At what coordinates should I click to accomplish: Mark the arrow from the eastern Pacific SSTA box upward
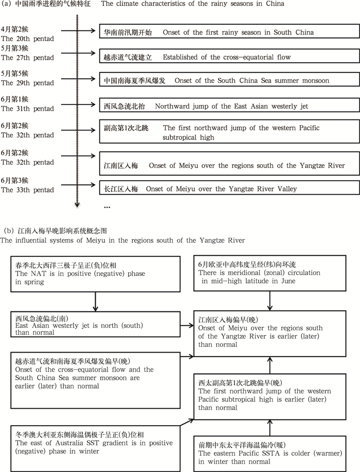(271, 428)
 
